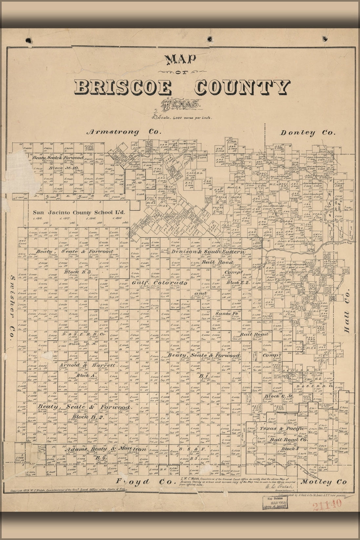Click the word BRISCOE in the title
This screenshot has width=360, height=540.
click(123, 88)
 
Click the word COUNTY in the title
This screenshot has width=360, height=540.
click(243, 87)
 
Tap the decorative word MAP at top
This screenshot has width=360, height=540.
click(181, 59)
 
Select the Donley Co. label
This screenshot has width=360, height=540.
click(308, 133)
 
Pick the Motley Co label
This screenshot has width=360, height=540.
click(324, 482)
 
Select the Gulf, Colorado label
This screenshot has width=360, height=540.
click(160, 283)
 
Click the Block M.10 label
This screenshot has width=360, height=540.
click(62, 168)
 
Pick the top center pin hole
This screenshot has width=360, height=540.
click(210, 39)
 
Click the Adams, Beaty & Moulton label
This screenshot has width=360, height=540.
click(106, 449)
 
